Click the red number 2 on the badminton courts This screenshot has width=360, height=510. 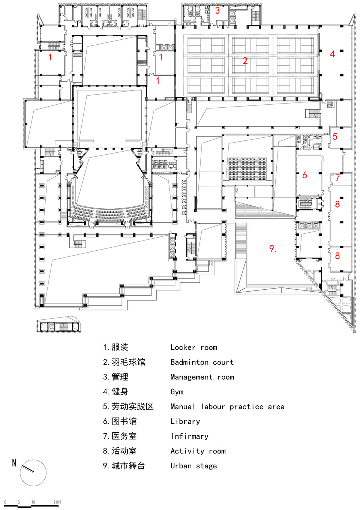pyautogui.click(x=245, y=61)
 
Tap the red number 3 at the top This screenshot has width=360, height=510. pyautogui.click(x=217, y=11)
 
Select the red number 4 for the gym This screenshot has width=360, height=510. pyautogui.click(x=332, y=54)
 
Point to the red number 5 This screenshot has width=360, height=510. pyautogui.click(x=335, y=137)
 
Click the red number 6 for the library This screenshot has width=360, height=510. pyautogui.click(x=304, y=175)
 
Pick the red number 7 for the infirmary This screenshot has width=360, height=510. pyautogui.click(x=337, y=178)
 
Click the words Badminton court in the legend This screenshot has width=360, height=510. pyautogui.click(x=202, y=362)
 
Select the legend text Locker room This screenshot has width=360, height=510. pyautogui.click(x=193, y=348)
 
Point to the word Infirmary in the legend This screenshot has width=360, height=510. pyautogui.click(x=190, y=436)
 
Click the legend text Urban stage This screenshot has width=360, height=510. pyautogui.click(x=193, y=466)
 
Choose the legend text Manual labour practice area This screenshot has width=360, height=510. pyautogui.click(x=227, y=407)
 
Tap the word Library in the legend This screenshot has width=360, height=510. pyautogui.click(x=185, y=421)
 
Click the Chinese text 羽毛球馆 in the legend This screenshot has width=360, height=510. pyautogui.click(x=128, y=362)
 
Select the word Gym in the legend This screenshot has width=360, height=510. pyautogui.click(x=177, y=392)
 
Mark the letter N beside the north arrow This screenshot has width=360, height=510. pyautogui.click(x=14, y=463)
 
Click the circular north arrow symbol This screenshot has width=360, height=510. pyautogui.click(x=33, y=473)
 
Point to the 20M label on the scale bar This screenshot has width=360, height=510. pyautogui.click(x=57, y=502)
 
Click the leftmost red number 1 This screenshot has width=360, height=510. pyautogui.click(x=50, y=57)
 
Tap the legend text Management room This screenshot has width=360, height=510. pyautogui.click(x=202, y=377)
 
